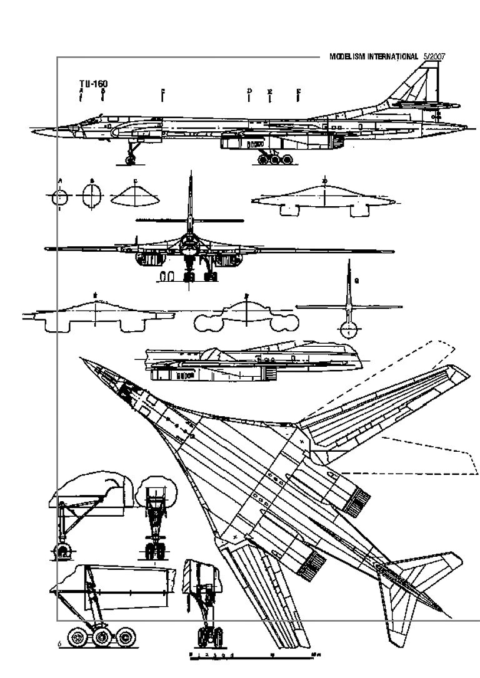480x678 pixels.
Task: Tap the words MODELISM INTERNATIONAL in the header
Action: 373,56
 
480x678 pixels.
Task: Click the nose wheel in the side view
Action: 131,160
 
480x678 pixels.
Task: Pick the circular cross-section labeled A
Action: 60,197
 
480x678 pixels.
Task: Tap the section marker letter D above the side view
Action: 249,91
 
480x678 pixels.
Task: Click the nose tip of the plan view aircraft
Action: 80,359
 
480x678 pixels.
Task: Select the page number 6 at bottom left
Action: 59,644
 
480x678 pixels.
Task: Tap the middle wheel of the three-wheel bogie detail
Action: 102,638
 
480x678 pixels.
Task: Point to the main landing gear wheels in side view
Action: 276,159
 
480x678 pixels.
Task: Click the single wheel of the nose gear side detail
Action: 63,550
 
